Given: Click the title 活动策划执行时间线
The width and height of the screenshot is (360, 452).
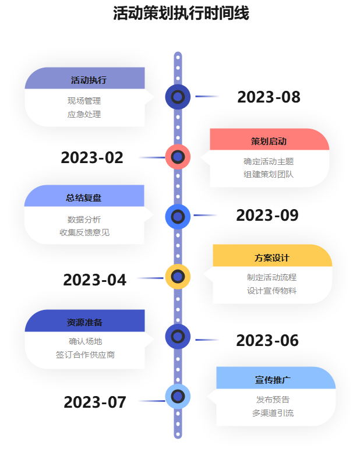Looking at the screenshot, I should (181, 13).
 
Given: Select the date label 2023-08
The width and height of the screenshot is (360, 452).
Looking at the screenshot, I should (269, 97).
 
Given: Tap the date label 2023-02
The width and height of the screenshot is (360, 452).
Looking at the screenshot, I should (92, 158).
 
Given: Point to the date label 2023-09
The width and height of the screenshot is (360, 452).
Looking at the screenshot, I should (267, 216).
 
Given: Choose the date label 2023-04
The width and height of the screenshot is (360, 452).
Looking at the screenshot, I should (94, 280).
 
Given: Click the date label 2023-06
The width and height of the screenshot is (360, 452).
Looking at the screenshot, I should (267, 341).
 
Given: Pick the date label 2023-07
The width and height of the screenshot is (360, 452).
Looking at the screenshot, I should (95, 402).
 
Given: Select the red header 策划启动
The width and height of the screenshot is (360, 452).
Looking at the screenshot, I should (269, 141).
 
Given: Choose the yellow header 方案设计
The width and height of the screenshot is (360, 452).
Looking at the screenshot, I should (271, 257).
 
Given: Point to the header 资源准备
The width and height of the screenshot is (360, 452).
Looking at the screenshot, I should (84, 322).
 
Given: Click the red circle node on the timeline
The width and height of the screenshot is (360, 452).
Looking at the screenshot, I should (178, 157).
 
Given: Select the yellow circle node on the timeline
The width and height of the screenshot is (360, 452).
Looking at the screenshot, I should (178, 277).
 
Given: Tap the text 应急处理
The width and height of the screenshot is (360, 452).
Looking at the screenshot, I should (84, 114).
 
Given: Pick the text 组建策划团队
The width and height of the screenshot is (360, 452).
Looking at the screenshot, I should (269, 174).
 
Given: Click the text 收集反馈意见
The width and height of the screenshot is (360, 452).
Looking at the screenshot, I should (84, 232).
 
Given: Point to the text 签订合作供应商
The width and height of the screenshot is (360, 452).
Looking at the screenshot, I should (85, 355).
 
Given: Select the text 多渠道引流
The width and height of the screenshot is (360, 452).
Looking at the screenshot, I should (273, 413).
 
